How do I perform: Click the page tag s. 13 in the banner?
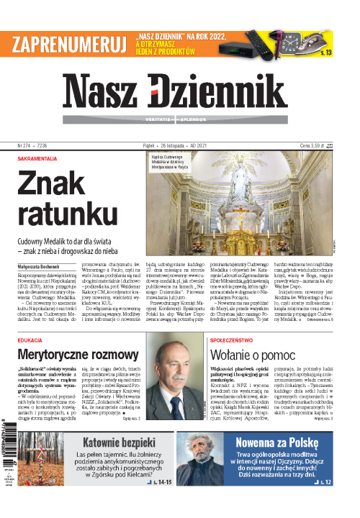point(325,53)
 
